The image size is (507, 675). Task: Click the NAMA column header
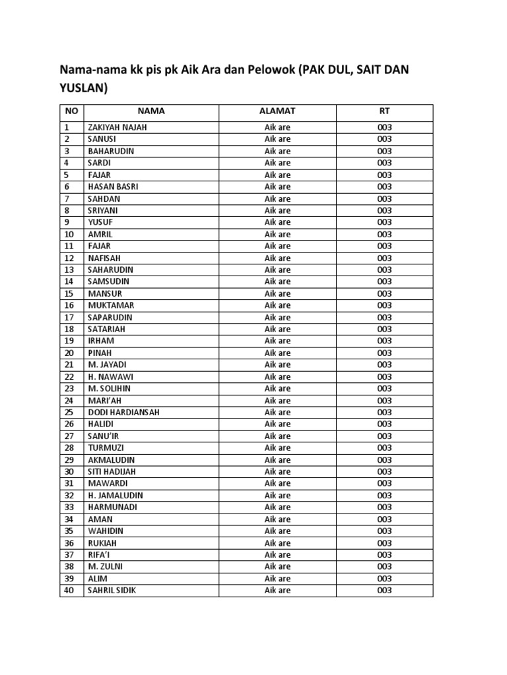pyautogui.click(x=151, y=111)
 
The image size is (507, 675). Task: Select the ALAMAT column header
pyautogui.click(x=277, y=111)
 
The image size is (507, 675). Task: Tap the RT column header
pyautogui.click(x=385, y=111)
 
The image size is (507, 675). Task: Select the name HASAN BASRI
pyautogui.click(x=112, y=187)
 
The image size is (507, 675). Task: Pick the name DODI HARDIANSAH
pyautogui.click(x=123, y=412)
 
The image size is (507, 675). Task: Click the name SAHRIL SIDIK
pyautogui.click(x=112, y=590)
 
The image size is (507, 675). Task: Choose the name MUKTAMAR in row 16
pyautogui.click(x=110, y=305)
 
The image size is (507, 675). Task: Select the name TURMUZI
pyautogui.click(x=106, y=448)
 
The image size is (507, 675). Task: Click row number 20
pyautogui.click(x=69, y=353)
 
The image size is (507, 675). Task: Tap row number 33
pyautogui.click(x=69, y=507)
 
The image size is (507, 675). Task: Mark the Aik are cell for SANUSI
pyautogui.click(x=277, y=139)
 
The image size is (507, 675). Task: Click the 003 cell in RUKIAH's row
pyautogui.click(x=385, y=543)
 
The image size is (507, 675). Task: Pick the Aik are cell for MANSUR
pyautogui.click(x=277, y=293)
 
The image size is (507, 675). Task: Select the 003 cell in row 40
pyautogui.click(x=385, y=590)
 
